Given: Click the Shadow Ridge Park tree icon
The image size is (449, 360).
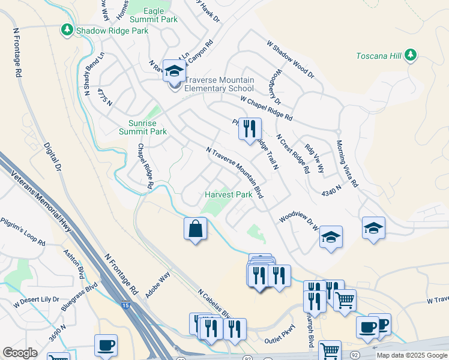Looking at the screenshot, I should tap(67, 29).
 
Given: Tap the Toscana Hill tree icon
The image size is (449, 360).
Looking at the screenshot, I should tap(411, 55).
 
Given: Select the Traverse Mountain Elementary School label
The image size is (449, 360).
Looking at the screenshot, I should tap(219, 84).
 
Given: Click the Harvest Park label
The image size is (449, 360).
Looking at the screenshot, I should tap(228, 195).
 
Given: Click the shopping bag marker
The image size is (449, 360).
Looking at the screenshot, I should tap(196, 229).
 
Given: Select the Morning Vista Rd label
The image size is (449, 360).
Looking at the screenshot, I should tap(347, 163).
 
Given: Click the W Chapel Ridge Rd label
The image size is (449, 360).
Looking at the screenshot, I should tap(267, 108).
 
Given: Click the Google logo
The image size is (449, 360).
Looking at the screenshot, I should tap(20, 352).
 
